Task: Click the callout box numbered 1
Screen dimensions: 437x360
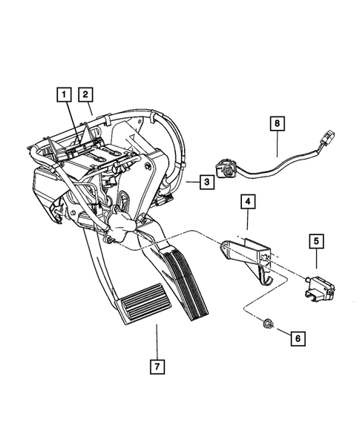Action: point(65,94)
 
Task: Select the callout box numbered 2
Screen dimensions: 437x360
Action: point(86,94)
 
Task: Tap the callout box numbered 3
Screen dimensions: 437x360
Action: point(208,182)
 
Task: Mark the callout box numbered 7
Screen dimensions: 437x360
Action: point(157,387)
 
